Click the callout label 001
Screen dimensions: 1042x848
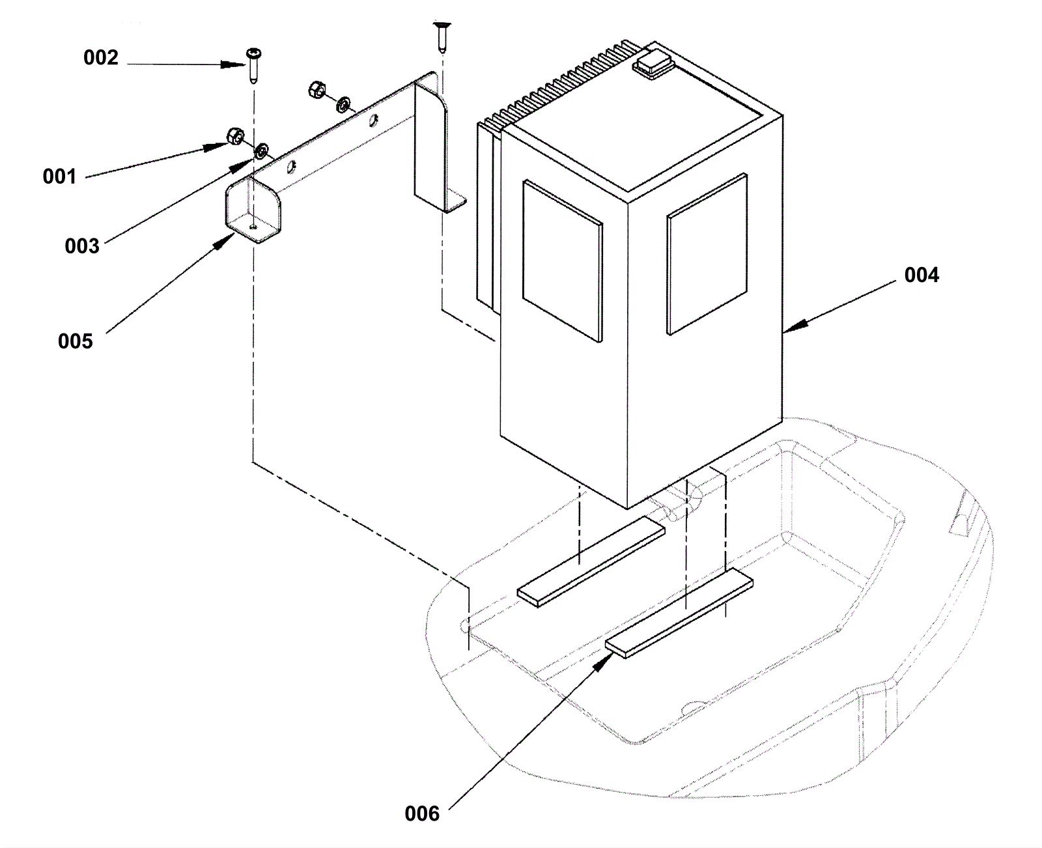click(x=60, y=177)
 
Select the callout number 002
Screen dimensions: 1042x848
click(x=101, y=58)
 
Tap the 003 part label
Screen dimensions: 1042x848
click(x=81, y=246)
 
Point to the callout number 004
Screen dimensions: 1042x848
click(x=922, y=275)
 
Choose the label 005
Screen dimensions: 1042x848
click(x=75, y=341)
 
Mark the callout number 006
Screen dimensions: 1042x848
click(x=422, y=813)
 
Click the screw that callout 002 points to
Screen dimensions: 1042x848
click(x=254, y=66)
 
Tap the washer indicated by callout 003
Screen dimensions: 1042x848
click(x=262, y=150)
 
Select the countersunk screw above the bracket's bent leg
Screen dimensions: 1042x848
click(x=442, y=36)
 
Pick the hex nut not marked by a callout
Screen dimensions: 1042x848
click(x=317, y=89)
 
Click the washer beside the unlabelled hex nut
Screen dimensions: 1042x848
click(x=343, y=104)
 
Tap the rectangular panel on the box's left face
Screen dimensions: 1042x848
click(x=563, y=261)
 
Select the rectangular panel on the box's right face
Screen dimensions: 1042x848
click(x=707, y=254)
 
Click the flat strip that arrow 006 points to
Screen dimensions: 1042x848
click(x=679, y=613)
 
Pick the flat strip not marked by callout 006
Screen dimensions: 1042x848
click(x=591, y=562)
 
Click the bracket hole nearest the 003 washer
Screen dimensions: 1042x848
click(x=291, y=167)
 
